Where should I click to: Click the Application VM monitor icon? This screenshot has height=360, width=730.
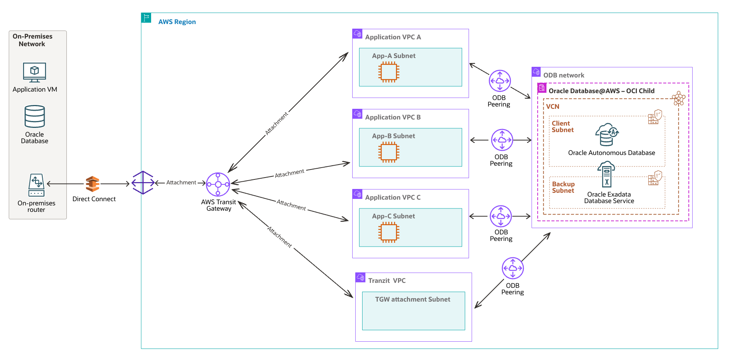pyautogui.click(x=34, y=72)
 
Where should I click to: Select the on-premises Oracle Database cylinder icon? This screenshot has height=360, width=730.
pyautogui.click(x=35, y=116)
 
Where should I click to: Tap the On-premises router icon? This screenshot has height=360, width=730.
pyautogui.click(x=36, y=185)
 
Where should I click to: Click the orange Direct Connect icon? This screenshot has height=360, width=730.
pyautogui.click(x=92, y=184)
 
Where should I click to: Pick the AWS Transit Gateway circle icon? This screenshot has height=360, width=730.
pyautogui.click(x=218, y=184)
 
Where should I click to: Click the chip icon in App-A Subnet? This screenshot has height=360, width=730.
pyautogui.click(x=388, y=72)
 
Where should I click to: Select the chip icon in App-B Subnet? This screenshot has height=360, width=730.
pyautogui.click(x=388, y=152)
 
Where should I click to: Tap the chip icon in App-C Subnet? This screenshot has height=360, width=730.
pyautogui.click(x=388, y=232)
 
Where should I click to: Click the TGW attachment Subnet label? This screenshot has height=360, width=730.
pyautogui.click(x=413, y=299)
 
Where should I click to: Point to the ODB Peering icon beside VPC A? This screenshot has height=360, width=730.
pyautogui.click(x=500, y=81)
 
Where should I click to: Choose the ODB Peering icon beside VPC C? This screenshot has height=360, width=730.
pyautogui.click(x=501, y=216)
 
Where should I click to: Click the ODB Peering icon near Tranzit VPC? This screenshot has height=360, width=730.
pyautogui.click(x=512, y=268)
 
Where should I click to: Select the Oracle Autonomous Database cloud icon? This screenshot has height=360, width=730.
pyautogui.click(x=607, y=134)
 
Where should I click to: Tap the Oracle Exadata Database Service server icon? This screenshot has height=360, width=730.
pyautogui.click(x=606, y=174)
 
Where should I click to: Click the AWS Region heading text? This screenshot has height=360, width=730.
pyautogui.click(x=177, y=22)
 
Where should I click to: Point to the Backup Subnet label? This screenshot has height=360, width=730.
pyautogui.click(x=563, y=187)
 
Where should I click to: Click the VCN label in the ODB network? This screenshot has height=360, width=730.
pyautogui.click(x=553, y=107)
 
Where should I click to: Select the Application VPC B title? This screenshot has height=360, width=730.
pyautogui.click(x=393, y=117)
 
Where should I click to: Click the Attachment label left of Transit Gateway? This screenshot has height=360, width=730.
pyautogui.click(x=181, y=182)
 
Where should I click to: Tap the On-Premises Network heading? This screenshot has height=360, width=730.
pyautogui.click(x=32, y=40)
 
